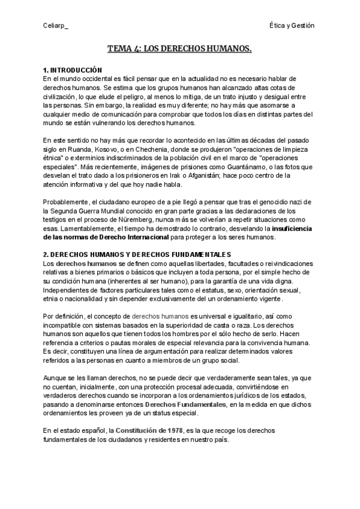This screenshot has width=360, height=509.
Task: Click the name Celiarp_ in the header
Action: point(56,26)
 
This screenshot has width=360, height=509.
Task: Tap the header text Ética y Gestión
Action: point(292,26)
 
